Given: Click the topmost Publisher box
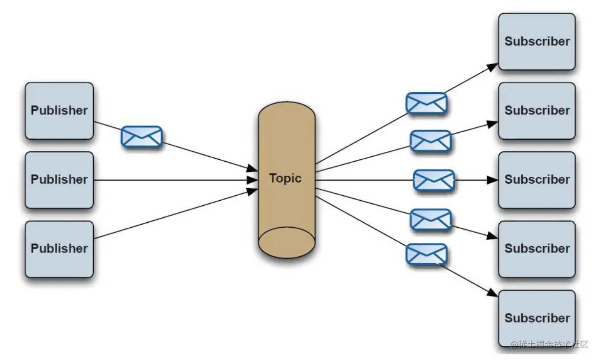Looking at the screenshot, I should [59, 111].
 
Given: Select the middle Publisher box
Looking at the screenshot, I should [59, 180].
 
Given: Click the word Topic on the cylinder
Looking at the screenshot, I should [285, 178].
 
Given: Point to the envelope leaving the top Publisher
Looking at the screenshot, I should [141, 136].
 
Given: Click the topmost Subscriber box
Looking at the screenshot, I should [536, 42].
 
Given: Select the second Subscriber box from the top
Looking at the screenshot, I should [536, 111].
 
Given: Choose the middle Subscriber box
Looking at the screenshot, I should [536, 180].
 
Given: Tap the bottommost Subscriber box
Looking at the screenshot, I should [536, 318].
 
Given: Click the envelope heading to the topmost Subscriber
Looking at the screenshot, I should [427, 103].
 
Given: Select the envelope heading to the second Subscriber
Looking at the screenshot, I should [430, 141].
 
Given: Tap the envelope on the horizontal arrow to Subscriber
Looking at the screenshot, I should [434, 180].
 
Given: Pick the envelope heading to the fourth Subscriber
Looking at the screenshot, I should [430, 219].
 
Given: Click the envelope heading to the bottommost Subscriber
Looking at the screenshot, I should [427, 254].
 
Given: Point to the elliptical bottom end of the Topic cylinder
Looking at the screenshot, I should [286, 242].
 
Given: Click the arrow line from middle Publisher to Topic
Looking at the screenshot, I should [171, 180].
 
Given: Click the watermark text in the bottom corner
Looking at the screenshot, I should [549, 345].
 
